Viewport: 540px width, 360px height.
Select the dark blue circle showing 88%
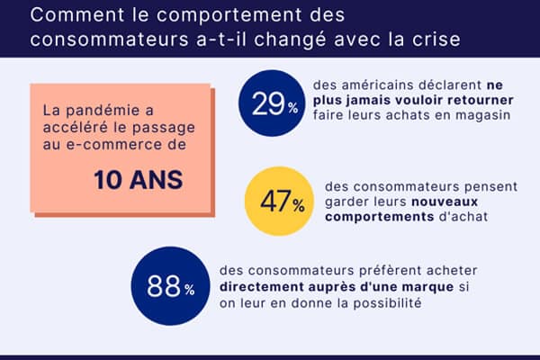pyautogui.click(x=164, y=289)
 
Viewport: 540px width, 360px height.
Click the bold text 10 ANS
pyautogui.click(x=138, y=179)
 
